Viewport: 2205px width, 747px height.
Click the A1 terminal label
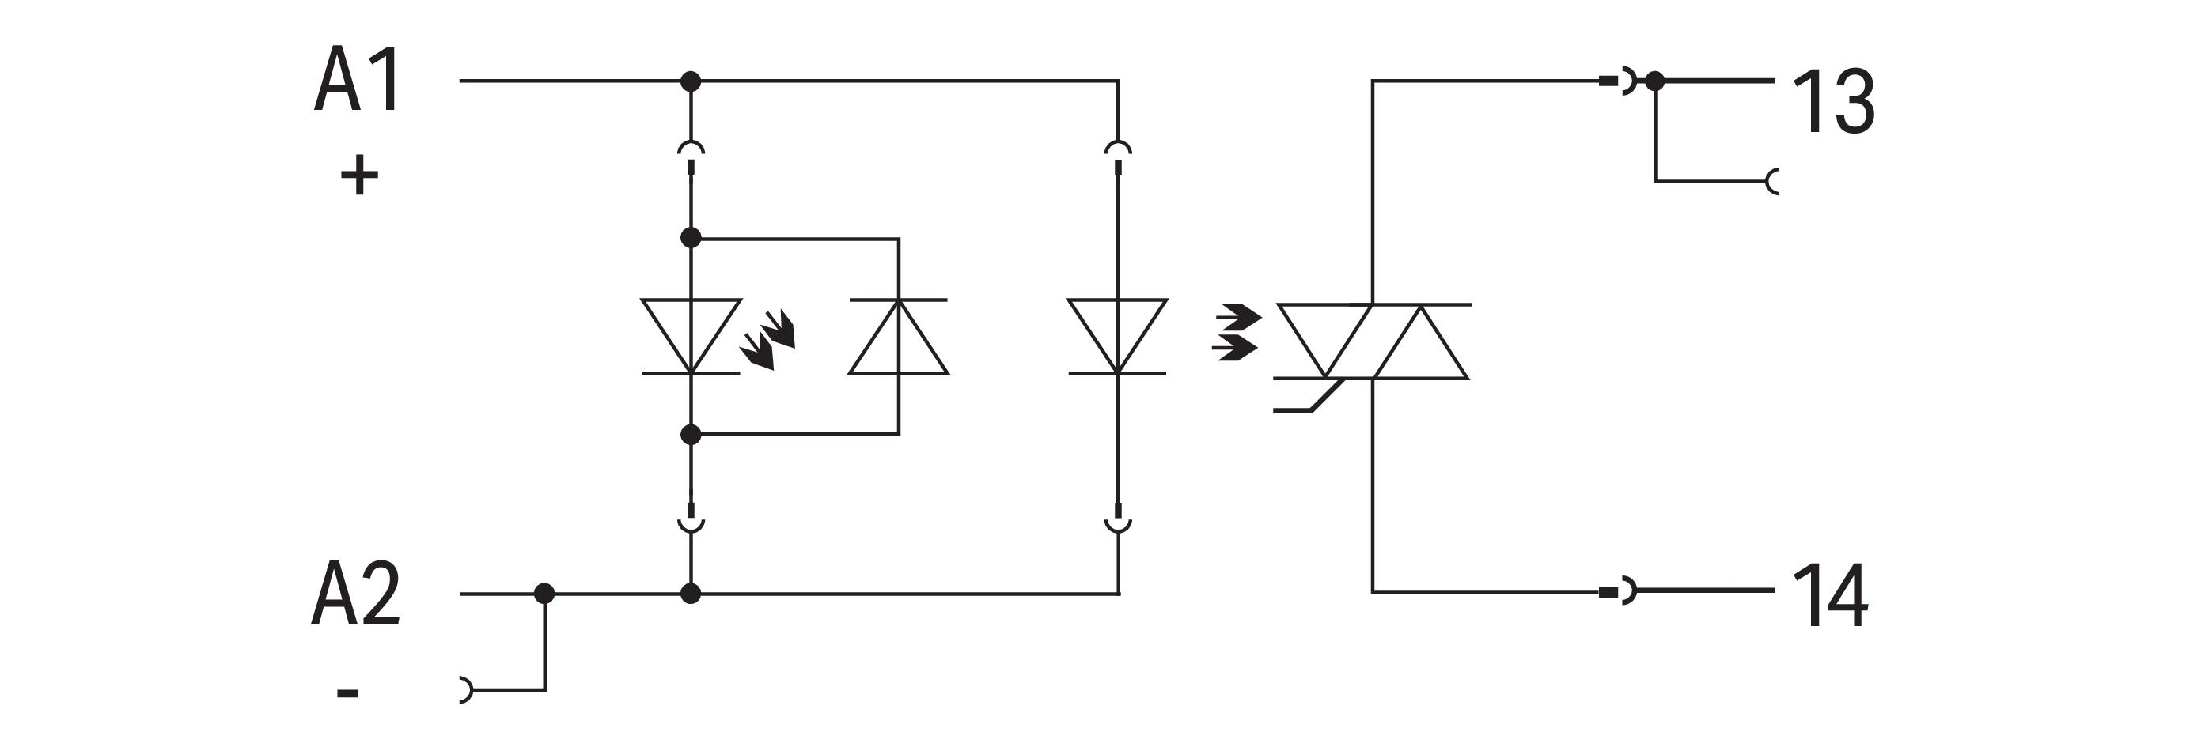point(358,81)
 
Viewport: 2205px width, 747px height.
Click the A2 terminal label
point(356,593)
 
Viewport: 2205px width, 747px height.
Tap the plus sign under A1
point(359,176)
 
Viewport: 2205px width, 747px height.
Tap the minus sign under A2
point(347,692)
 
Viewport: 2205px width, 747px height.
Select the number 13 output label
point(1832,102)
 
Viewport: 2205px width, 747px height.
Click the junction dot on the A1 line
point(691,81)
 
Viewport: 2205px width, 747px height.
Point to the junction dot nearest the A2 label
point(544,593)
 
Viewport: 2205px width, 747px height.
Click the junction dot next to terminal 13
point(1654,81)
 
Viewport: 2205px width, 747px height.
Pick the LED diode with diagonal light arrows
point(691,336)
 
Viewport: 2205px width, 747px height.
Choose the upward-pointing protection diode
point(898,336)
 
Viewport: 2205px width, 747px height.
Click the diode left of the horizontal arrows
point(1117,336)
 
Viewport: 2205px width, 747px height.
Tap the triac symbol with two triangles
point(1372,341)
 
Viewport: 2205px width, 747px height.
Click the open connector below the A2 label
point(464,689)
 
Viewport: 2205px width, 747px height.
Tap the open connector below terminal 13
point(1773,181)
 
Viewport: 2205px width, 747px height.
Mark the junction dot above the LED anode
point(691,238)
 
